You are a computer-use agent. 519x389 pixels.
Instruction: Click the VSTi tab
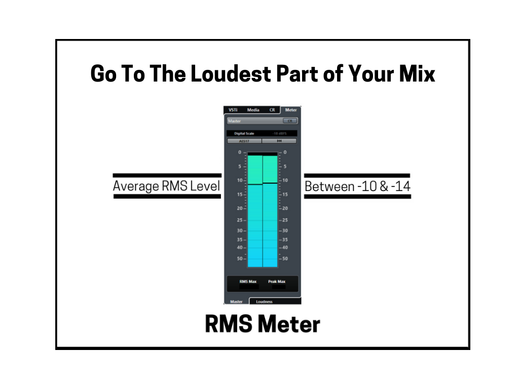(233, 110)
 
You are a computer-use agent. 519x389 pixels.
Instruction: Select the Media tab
(253, 110)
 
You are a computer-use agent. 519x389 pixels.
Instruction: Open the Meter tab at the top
(291, 110)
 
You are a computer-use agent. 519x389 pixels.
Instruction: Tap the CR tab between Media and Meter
(272, 110)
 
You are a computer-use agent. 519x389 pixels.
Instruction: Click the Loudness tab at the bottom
(264, 301)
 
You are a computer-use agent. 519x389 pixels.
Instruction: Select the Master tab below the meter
(236, 301)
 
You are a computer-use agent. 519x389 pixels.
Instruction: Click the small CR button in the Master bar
(290, 121)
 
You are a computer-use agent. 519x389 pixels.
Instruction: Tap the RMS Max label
(248, 281)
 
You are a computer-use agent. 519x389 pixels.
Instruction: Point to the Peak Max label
(277, 281)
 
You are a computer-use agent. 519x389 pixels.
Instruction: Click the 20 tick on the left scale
(240, 208)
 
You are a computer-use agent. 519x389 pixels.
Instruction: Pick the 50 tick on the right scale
(285, 259)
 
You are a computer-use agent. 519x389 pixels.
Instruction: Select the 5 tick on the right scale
(285, 166)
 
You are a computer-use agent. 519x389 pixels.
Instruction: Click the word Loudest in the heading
(231, 74)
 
